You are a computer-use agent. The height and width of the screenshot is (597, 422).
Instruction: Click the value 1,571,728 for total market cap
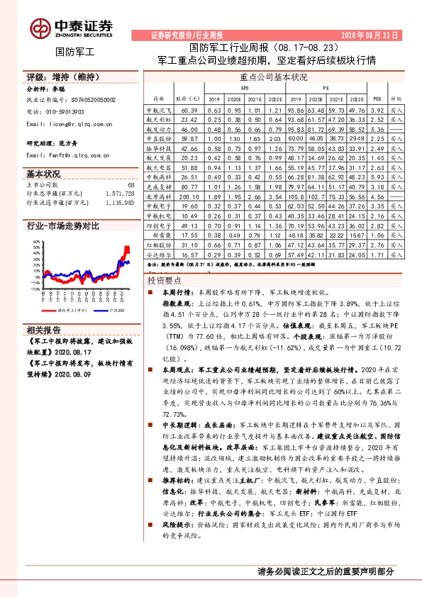pos(117,193)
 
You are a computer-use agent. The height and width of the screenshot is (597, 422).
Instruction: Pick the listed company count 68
pos(130,184)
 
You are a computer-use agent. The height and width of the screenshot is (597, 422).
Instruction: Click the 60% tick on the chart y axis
pos(35,242)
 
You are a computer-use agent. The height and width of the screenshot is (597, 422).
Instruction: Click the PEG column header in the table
pos(377,99)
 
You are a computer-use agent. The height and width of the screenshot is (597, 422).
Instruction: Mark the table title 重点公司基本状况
pos(274,77)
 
